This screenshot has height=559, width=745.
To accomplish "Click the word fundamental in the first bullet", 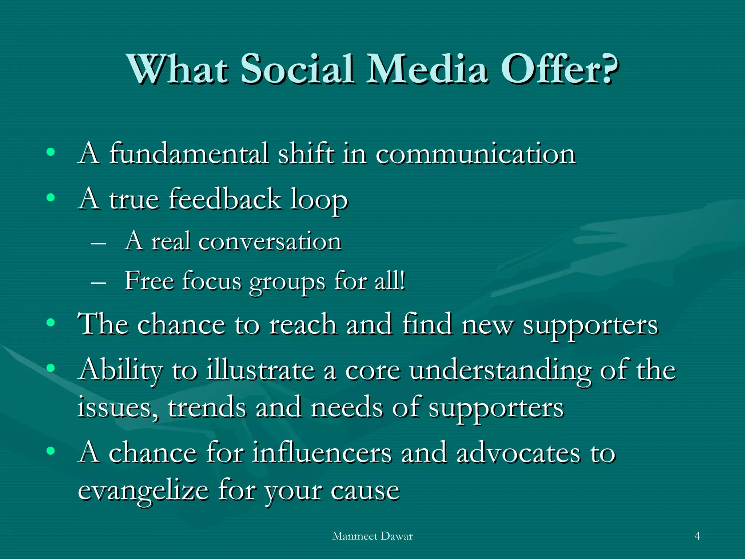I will (189, 154).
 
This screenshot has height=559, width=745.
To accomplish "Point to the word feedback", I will (224, 199).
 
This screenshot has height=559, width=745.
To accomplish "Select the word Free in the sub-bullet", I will (149, 281).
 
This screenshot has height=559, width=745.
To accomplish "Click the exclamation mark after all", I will (402, 281).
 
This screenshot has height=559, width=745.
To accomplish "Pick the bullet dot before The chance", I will (51, 322).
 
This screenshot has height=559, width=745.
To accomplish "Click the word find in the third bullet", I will (427, 324).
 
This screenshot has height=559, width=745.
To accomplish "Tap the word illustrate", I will (260, 370).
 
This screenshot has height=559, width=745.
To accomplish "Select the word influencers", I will (322, 453).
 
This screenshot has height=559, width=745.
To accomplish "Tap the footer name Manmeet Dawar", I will (372, 536).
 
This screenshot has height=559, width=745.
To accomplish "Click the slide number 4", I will (697, 536).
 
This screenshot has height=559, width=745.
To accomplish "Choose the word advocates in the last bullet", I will (518, 453).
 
